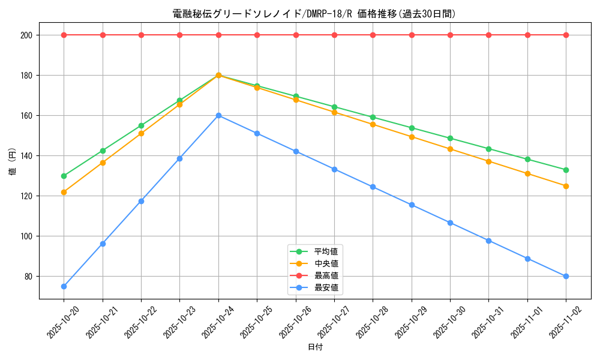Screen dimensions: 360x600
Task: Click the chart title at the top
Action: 314,14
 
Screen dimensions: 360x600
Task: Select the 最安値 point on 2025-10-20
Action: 64,286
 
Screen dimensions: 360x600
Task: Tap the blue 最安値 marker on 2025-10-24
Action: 218,115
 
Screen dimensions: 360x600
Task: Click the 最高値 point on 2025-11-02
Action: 566,35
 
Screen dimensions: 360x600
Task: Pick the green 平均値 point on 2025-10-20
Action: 64,176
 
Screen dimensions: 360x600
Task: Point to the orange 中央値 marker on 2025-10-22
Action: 141,133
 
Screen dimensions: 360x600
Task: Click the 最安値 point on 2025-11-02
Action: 566,276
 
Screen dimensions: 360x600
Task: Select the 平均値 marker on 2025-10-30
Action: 450,138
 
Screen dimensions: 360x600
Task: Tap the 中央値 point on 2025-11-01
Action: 527,173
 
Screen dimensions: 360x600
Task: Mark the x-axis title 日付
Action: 315,347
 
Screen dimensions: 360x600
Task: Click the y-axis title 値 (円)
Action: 13,162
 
